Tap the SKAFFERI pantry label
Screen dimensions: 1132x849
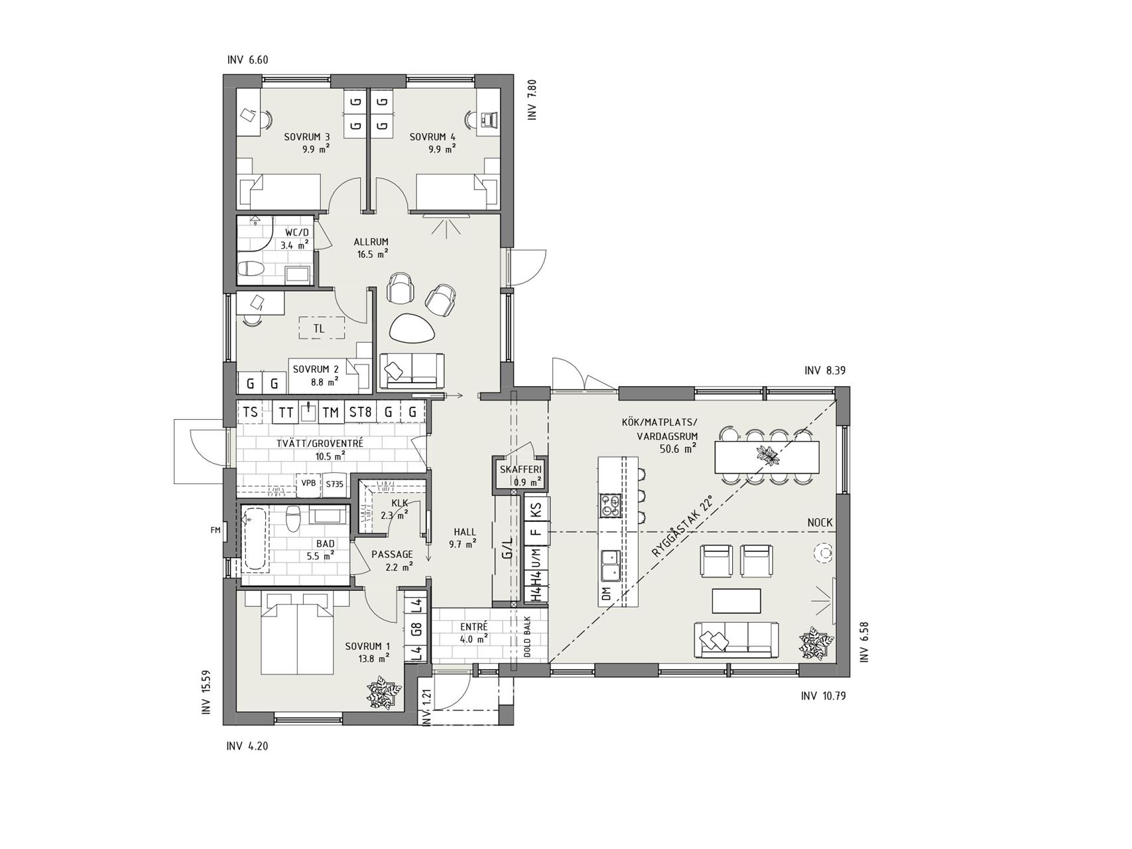click(x=521, y=470)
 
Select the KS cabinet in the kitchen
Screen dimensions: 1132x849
click(x=536, y=510)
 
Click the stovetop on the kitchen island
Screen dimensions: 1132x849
click(x=610, y=506)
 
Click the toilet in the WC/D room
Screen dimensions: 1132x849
click(x=252, y=269)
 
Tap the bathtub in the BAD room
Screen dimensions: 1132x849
click(x=255, y=539)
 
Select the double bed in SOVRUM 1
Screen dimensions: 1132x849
click(x=296, y=634)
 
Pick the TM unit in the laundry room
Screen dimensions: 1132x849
click(x=330, y=412)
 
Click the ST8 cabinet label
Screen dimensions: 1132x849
click(x=360, y=412)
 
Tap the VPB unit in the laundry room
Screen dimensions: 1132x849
click(x=309, y=484)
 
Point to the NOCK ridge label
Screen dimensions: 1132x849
click(x=820, y=523)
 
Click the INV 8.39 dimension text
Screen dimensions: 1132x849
click(x=825, y=371)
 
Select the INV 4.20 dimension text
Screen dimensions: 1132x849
click(x=247, y=746)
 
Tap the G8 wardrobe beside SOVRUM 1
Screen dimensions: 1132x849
click(x=416, y=629)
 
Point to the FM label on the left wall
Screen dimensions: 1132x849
click(x=215, y=529)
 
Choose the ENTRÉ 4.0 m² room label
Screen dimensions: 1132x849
click(x=474, y=633)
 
